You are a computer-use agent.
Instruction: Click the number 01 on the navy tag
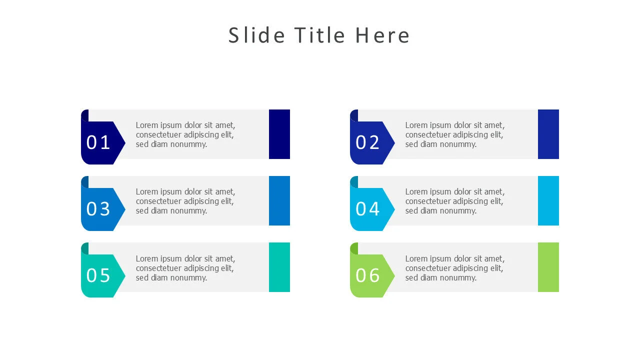pyautogui.click(x=98, y=142)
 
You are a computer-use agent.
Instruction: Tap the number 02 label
pyautogui.click(x=367, y=142)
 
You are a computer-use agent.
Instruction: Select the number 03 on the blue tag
pyautogui.click(x=98, y=208)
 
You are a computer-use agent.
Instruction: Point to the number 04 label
pyautogui.click(x=367, y=208)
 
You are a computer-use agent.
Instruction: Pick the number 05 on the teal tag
pyautogui.click(x=98, y=275)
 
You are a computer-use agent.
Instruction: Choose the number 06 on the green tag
pyautogui.click(x=367, y=275)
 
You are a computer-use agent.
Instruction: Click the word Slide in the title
pyautogui.click(x=256, y=35)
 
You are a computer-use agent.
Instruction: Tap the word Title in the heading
pyautogui.click(x=319, y=35)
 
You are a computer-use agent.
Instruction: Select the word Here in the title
pyautogui.click(x=382, y=35)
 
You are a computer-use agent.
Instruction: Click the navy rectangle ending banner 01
pyautogui.click(x=279, y=134)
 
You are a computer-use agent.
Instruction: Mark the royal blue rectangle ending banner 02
pyautogui.click(x=548, y=134)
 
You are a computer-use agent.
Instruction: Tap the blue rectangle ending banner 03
pyautogui.click(x=279, y=200)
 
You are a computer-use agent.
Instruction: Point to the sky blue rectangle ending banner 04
pyautogui.click(x=548, y=200)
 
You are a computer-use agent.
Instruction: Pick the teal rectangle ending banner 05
pyautogui.click(x=279, y=267)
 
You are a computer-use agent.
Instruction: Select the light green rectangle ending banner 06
pyautogui.click(x=548, y=267)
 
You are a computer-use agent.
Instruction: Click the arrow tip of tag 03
pyautogui.click(x=125, y=209)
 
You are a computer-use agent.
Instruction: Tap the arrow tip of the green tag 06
pyautogui.click(x=394, y=275)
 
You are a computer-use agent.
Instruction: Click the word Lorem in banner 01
pyautogui.click(x=146, y=125)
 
